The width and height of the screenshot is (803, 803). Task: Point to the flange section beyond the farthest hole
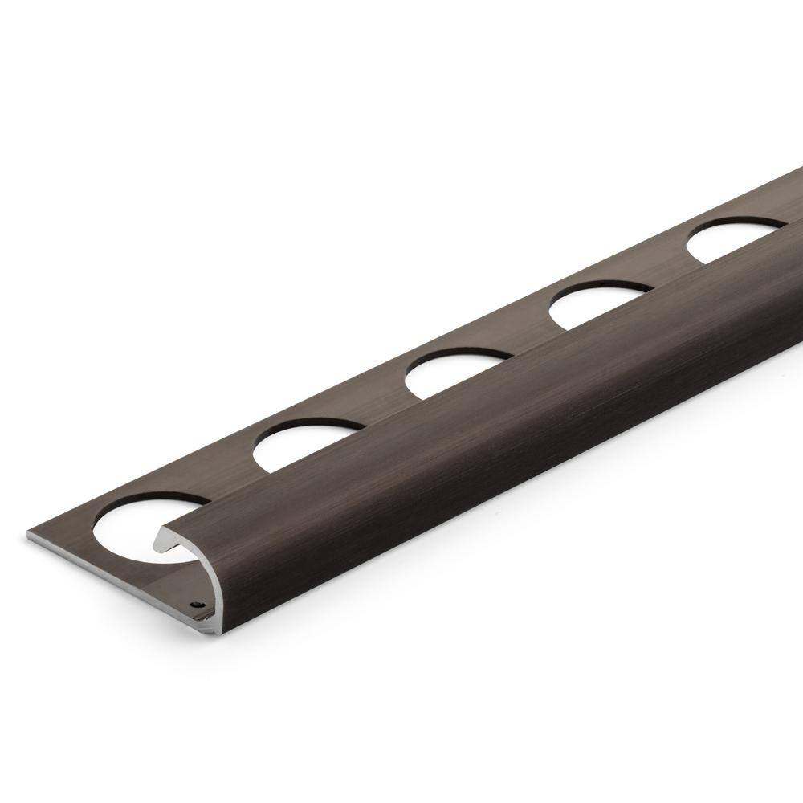pyautogui.click(x=783, y=205)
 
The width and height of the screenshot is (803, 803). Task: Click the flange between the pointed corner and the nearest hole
pyautogui.click(x=64, y=534)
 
